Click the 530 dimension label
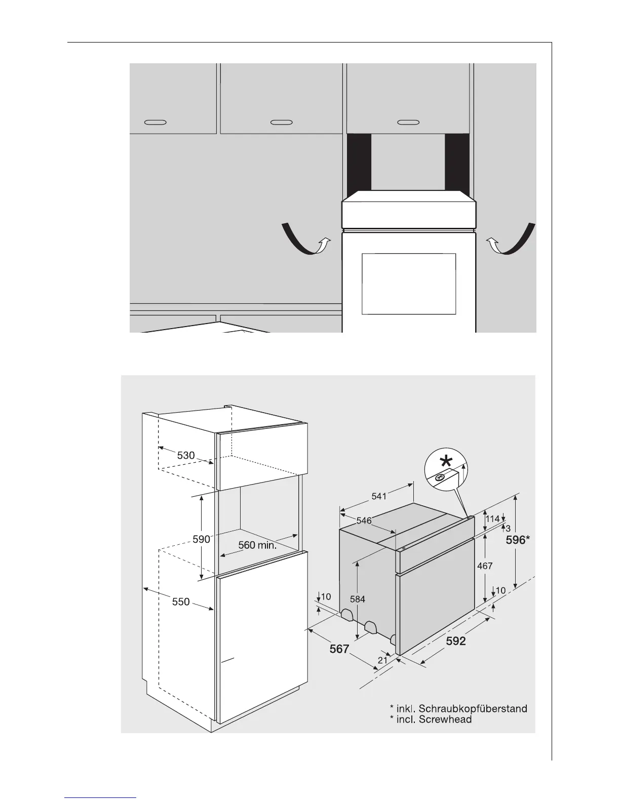[186, 455]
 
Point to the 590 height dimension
[201, 539]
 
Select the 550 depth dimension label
[180, 601]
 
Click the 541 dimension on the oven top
[379, 496]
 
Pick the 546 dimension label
[364, 520]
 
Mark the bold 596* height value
[518, 540]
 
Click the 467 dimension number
[485, 566]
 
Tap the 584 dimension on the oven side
[358, 599]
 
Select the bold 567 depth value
[339, 649]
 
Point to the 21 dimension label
[383, 660]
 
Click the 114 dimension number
[492, 518]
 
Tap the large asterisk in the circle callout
[446, 461]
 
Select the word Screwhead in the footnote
[445, 719]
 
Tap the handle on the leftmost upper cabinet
[155, 123]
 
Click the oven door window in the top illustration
[409, 284]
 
